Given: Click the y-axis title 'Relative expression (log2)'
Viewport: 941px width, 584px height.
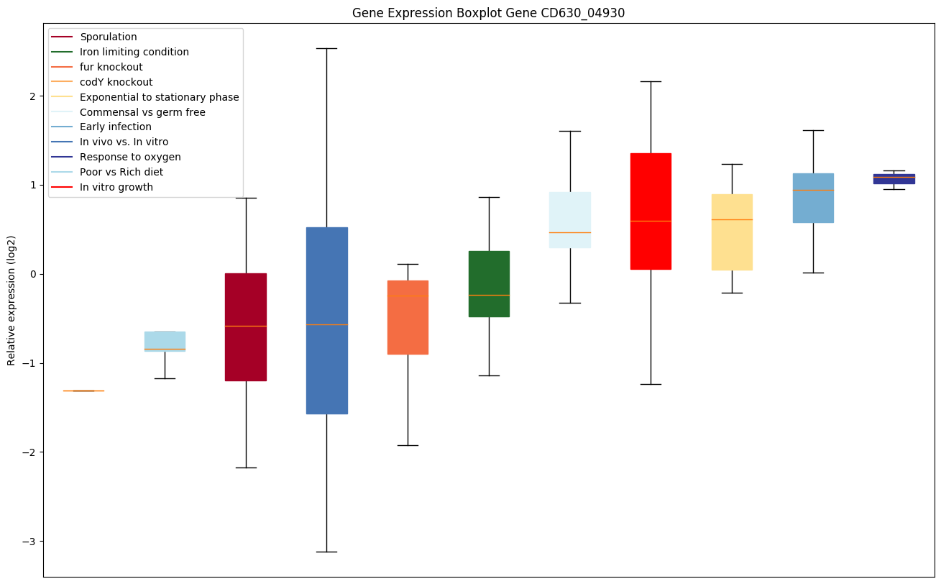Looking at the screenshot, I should coord(11,300).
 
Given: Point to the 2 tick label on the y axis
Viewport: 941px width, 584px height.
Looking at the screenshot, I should coord(32,96).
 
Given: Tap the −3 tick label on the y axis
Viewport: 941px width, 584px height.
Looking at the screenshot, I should coord(29,541).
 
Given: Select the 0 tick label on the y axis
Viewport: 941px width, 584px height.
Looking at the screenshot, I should coord(32,274).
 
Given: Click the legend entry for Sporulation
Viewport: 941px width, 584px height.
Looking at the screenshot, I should coord(109,37).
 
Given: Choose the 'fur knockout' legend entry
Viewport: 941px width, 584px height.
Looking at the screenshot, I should coord(111,67).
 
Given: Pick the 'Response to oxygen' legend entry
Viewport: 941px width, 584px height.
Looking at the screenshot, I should coord(130,157).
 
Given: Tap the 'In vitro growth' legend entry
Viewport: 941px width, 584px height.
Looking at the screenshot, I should coord(116,187).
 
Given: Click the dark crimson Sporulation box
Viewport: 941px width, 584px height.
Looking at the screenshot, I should coord(246,327).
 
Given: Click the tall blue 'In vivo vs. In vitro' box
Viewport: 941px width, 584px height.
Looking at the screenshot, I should coord(327,320).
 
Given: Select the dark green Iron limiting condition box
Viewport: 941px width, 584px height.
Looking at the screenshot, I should coord(489,283).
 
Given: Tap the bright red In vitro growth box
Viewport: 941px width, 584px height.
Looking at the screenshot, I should coord(651,211).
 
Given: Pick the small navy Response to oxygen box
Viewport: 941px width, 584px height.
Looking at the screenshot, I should coord(894,178).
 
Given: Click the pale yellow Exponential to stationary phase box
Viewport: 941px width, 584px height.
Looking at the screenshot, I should coord(732,232).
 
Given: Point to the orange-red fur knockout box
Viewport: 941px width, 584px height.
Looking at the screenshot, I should coord(408,317).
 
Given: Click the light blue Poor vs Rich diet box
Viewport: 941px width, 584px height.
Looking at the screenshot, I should coord(165,341).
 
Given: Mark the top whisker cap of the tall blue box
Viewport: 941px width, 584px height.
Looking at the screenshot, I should coord(327,48).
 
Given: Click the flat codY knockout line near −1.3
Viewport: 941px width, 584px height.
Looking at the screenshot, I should coord(83,391).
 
